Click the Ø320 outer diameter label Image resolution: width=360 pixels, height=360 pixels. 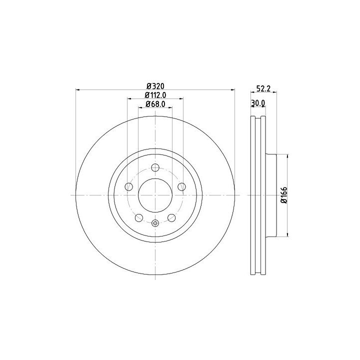155,86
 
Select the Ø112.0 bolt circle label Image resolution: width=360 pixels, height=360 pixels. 155,95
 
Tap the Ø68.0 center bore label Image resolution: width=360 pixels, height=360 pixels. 155,104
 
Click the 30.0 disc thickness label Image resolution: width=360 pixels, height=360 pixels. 258,103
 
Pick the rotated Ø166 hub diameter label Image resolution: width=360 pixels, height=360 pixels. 284,195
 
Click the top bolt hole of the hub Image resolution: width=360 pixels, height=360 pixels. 155,167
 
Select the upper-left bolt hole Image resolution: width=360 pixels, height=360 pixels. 129,186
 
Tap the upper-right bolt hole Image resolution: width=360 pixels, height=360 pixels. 182,186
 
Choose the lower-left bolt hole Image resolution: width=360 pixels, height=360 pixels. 139,217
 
